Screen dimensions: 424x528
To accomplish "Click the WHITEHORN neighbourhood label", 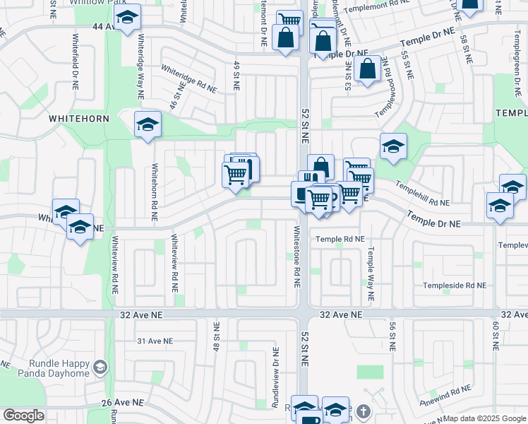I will (79, 119).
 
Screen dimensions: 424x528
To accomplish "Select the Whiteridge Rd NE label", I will (188, 80).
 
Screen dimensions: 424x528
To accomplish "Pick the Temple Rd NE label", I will (340, 240).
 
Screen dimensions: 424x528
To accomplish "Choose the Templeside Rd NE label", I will (455, 285).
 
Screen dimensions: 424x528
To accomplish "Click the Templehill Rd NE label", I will (422, 193).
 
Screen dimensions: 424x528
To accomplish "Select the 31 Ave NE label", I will (155, 341).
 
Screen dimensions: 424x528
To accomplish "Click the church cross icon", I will (363, 411).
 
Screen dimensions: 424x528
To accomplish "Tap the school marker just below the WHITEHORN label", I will (148, 125).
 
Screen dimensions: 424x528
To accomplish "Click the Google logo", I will (23, 416).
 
